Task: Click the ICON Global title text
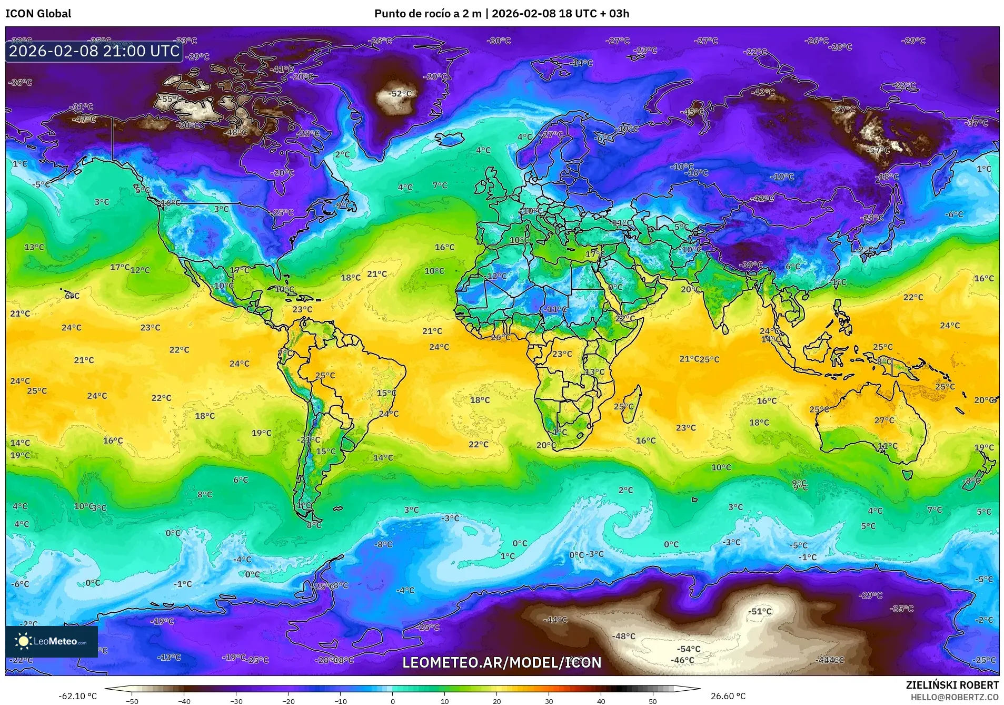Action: [38, 14]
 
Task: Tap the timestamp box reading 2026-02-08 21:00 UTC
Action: [94, 51]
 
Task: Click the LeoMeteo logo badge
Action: [52, 641]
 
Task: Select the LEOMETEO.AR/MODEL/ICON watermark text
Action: [501, 662]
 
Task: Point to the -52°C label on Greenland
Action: [400, 94]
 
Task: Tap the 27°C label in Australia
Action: [884, 420]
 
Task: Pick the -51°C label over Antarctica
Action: [760, 611]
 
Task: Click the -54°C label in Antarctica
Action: [688, 649]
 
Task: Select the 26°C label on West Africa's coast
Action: [500, 337]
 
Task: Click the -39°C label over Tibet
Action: [750, 265]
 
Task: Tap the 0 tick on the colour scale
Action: [392, 701]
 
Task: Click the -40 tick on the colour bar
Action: [184, 701]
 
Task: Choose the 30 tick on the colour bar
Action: [549, 701]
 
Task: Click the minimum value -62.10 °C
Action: [77, 696]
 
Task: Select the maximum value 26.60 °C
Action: [728, 696]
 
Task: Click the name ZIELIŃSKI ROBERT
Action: [952, 685]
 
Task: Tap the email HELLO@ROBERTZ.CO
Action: [955, 697]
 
